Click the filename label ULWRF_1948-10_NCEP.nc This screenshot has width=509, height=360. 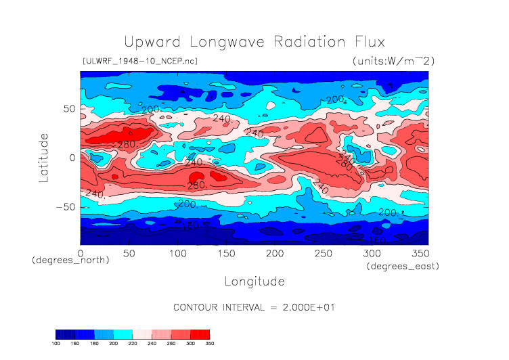click(139, 61)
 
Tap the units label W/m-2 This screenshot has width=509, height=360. click(393, 61)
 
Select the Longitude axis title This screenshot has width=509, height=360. click(254, 281)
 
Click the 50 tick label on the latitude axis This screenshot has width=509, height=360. click(69, 108)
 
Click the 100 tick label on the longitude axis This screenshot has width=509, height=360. click(177, 253)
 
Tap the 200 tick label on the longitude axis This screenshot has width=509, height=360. click(274, 253)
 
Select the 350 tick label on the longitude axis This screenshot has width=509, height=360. click(419, 253)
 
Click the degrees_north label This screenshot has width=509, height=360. click(70, 260)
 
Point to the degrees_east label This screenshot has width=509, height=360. click(403, 267)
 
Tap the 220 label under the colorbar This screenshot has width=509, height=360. click(133, 344)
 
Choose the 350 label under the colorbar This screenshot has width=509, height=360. click(209, 344)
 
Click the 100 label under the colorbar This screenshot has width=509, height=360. click(56, 344)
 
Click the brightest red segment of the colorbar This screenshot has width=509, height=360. click(200, 334)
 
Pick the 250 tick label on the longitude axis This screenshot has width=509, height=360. click(323, 253)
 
